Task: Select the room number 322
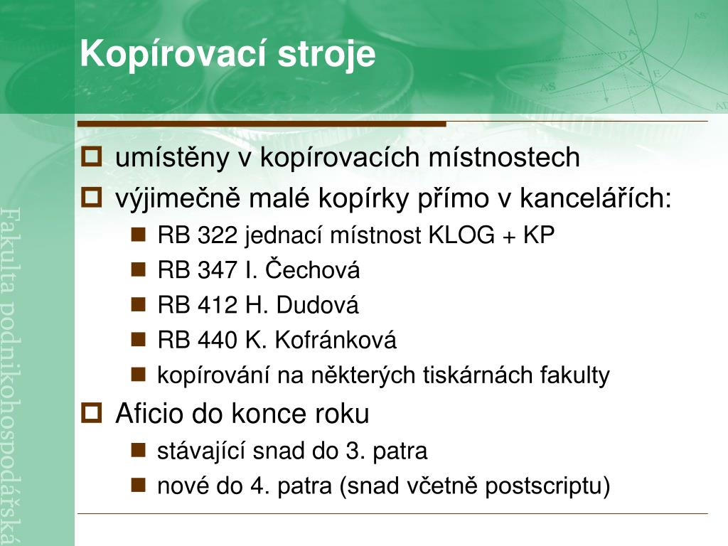(218, 235)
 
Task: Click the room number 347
(218, 269)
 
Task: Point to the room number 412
(218, 305)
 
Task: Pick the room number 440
(218, 340)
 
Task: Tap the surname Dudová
(317, 304)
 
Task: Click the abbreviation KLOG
(461, 235)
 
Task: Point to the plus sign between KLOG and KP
(509, 237)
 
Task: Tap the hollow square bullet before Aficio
(92, 413)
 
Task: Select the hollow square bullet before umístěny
(92, 156)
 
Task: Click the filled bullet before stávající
(139, 450)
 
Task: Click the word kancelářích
(596, 197)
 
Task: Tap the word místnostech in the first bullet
(504, 156)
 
